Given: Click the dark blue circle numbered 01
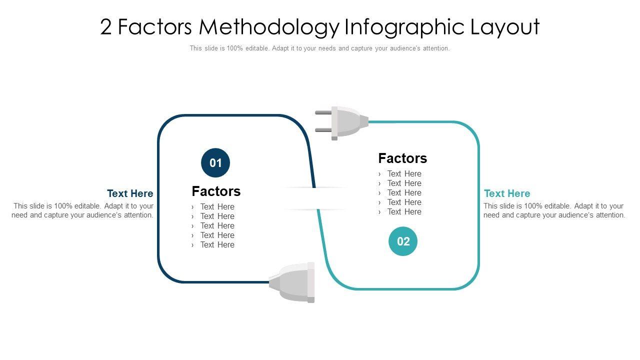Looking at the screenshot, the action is (x=215, y=163).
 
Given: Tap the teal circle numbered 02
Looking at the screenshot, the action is (x=403, y=241).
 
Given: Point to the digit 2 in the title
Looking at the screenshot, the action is (x=105, y=27).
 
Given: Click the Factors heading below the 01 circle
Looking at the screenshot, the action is (x=216, y=191).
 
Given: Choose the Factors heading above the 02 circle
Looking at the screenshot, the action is (x=402, y=158).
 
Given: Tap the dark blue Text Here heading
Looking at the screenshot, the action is (x=130, y=193).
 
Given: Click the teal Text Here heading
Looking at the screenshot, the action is (x=507, y=193).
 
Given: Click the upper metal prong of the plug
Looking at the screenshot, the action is (x=323, y=112).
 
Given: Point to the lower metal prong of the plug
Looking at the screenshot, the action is (x=323, y=130).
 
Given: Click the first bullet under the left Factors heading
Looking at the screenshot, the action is (x=217, y=206).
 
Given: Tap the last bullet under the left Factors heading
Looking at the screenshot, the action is (x=217, y=244).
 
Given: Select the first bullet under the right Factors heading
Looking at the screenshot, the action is (x=404, y=173).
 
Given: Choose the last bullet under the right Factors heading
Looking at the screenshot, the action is (x=404, y=211).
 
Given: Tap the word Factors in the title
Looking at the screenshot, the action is (x=155, y=27).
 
